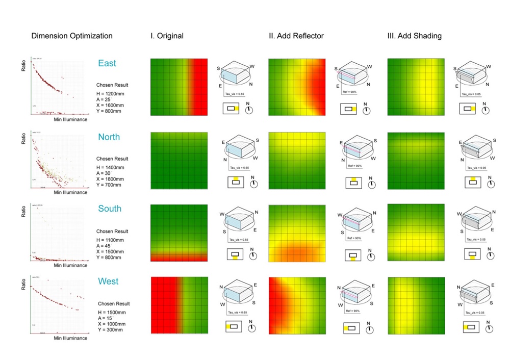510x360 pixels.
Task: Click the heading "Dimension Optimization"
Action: click(72, 36)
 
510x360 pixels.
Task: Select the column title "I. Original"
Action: click(167, 36)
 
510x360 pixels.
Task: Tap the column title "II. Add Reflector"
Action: click(296, 36)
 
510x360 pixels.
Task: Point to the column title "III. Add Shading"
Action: click(414, 36)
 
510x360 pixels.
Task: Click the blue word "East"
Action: click(107, 64)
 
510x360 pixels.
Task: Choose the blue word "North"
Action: click(109, 137)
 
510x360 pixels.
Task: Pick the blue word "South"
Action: click(110, 209)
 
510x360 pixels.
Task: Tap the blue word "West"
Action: click(108, 281)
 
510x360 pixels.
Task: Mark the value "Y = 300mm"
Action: click(112, 330)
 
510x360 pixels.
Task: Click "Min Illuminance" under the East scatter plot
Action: click(70, 119)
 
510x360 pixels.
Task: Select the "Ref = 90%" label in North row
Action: click(354, 167)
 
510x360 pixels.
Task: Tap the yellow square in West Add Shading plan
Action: click(466, 327)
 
